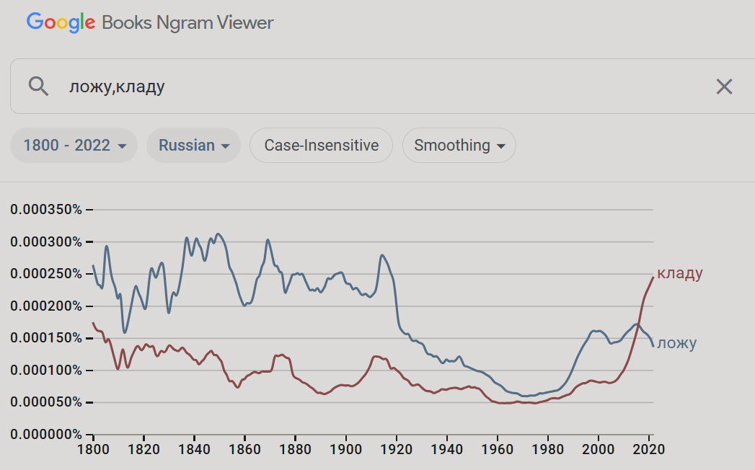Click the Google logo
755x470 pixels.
click(61, 22)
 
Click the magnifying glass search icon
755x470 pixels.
click(38, 87)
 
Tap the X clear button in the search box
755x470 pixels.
click(723, 87)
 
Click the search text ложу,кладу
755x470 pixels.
click(117, 87)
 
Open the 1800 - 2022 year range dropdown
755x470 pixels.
click(74, 146)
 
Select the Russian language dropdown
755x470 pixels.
click(194, 146)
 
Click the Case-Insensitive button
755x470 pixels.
click(321, 146)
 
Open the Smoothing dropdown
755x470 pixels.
click(459, 146)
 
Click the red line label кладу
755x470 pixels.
click(679, 273)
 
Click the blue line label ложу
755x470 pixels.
click(676, 343)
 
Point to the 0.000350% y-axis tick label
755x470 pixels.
click(47, 210)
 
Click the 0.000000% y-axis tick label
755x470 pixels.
click(47, 435)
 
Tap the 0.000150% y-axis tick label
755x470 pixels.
click(47, 338)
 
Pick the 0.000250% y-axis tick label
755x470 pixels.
click(47, 274)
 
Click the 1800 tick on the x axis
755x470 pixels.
click(93, 448)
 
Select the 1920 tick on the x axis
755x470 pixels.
click(396, 448)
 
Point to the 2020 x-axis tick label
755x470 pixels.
click(649, 448)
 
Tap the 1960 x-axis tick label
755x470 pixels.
click(497, 448)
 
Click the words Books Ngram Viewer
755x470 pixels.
click(187, 22)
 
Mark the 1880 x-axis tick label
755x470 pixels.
click(295, 448)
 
